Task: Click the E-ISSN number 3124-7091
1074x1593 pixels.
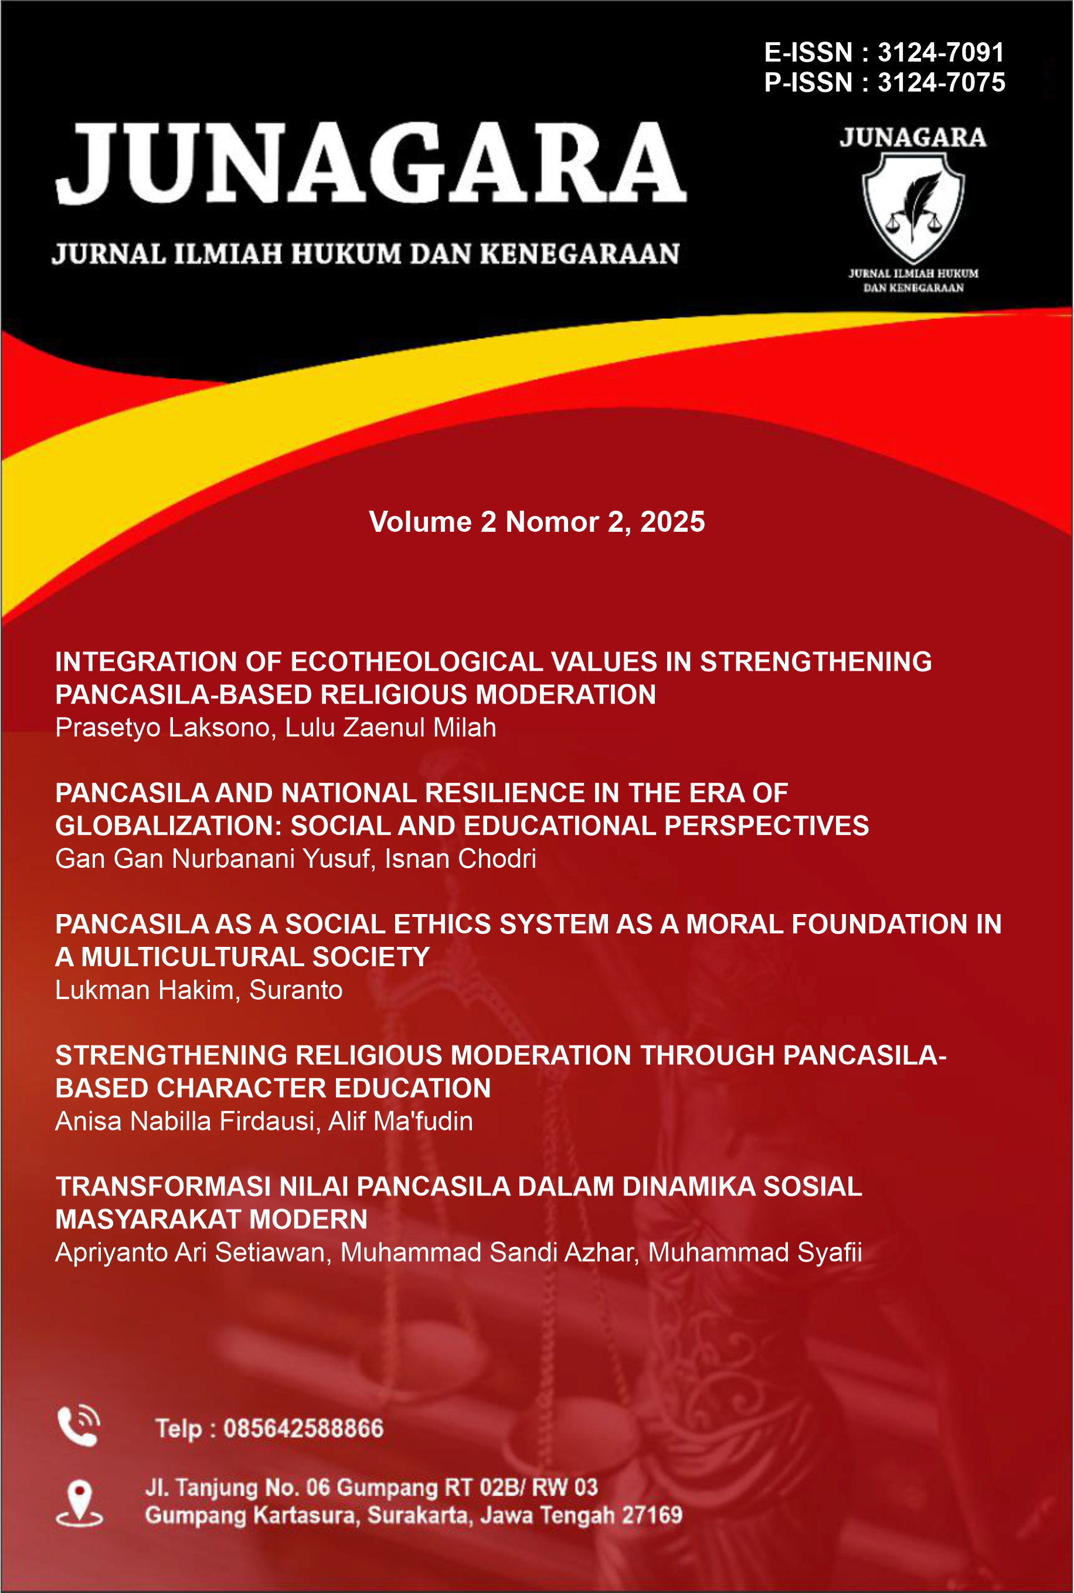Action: tap(940, 52)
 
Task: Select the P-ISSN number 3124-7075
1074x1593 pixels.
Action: tap(941, 82)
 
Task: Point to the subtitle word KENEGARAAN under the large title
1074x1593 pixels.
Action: tap(579, 253)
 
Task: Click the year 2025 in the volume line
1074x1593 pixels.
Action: tap(672, 522)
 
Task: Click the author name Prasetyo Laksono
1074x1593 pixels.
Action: tap(164, 728)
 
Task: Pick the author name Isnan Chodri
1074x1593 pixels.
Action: tap(460, 859)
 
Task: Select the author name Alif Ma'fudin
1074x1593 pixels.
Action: tap(400, 1121)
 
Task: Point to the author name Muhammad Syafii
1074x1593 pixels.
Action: tap(755, 1252)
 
